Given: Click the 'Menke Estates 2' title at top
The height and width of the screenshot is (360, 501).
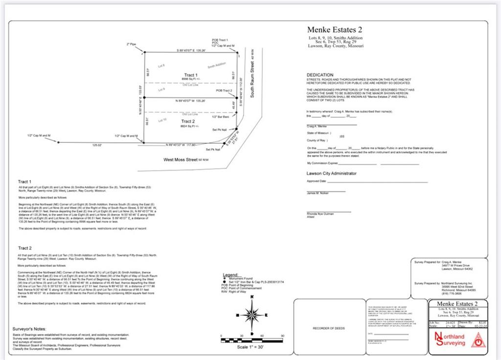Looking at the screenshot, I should coord(335,30).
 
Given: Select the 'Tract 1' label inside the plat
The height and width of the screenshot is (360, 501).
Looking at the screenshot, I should coord(191,75).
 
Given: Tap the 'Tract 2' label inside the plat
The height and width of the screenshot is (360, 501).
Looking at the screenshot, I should coord(188,121).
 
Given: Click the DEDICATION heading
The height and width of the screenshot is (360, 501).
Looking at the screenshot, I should coord(320,75).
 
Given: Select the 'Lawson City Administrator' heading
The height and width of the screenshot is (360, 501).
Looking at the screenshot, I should coord(331,173).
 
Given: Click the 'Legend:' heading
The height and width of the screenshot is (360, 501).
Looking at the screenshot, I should coord(230,275).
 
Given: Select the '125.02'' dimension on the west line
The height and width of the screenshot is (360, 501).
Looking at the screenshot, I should coord(97,145).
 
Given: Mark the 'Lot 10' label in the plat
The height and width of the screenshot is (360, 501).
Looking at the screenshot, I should coord(162,120).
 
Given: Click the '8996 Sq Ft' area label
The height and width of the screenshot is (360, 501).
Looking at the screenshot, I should coord(191,79).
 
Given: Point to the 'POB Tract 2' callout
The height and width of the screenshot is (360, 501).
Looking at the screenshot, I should coord(224,91).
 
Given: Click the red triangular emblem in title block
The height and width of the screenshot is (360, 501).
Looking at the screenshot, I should coord(478,339).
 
